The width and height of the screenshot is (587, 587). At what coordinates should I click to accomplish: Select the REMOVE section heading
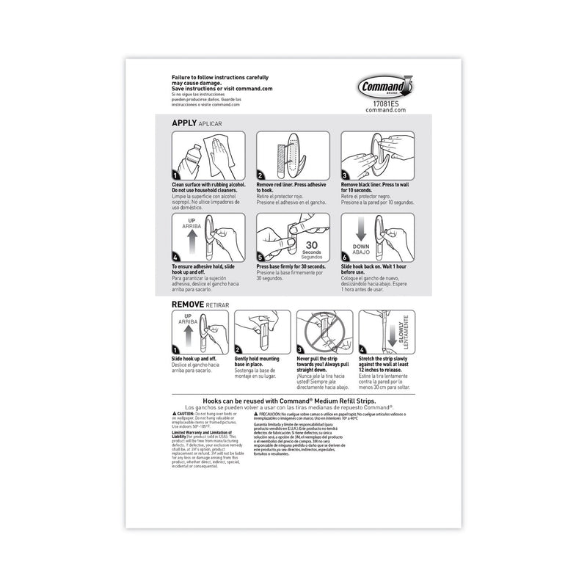click(x=188, y=302)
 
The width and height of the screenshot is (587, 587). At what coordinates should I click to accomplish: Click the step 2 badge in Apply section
click(x=260, y=175)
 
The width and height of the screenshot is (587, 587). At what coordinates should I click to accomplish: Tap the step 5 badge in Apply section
click(x=260, y=257)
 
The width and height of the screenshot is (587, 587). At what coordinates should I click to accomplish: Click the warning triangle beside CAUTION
click(x=175, y=414)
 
